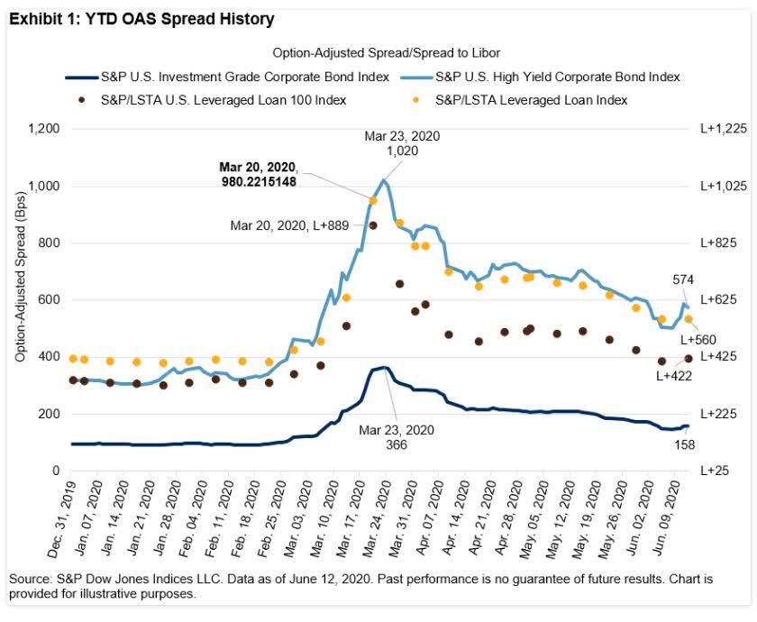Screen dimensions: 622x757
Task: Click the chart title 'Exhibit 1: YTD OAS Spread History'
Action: coord(141,18)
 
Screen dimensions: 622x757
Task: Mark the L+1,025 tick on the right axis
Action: coord(724,187)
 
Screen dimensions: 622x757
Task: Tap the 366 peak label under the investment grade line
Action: coord(397,445)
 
